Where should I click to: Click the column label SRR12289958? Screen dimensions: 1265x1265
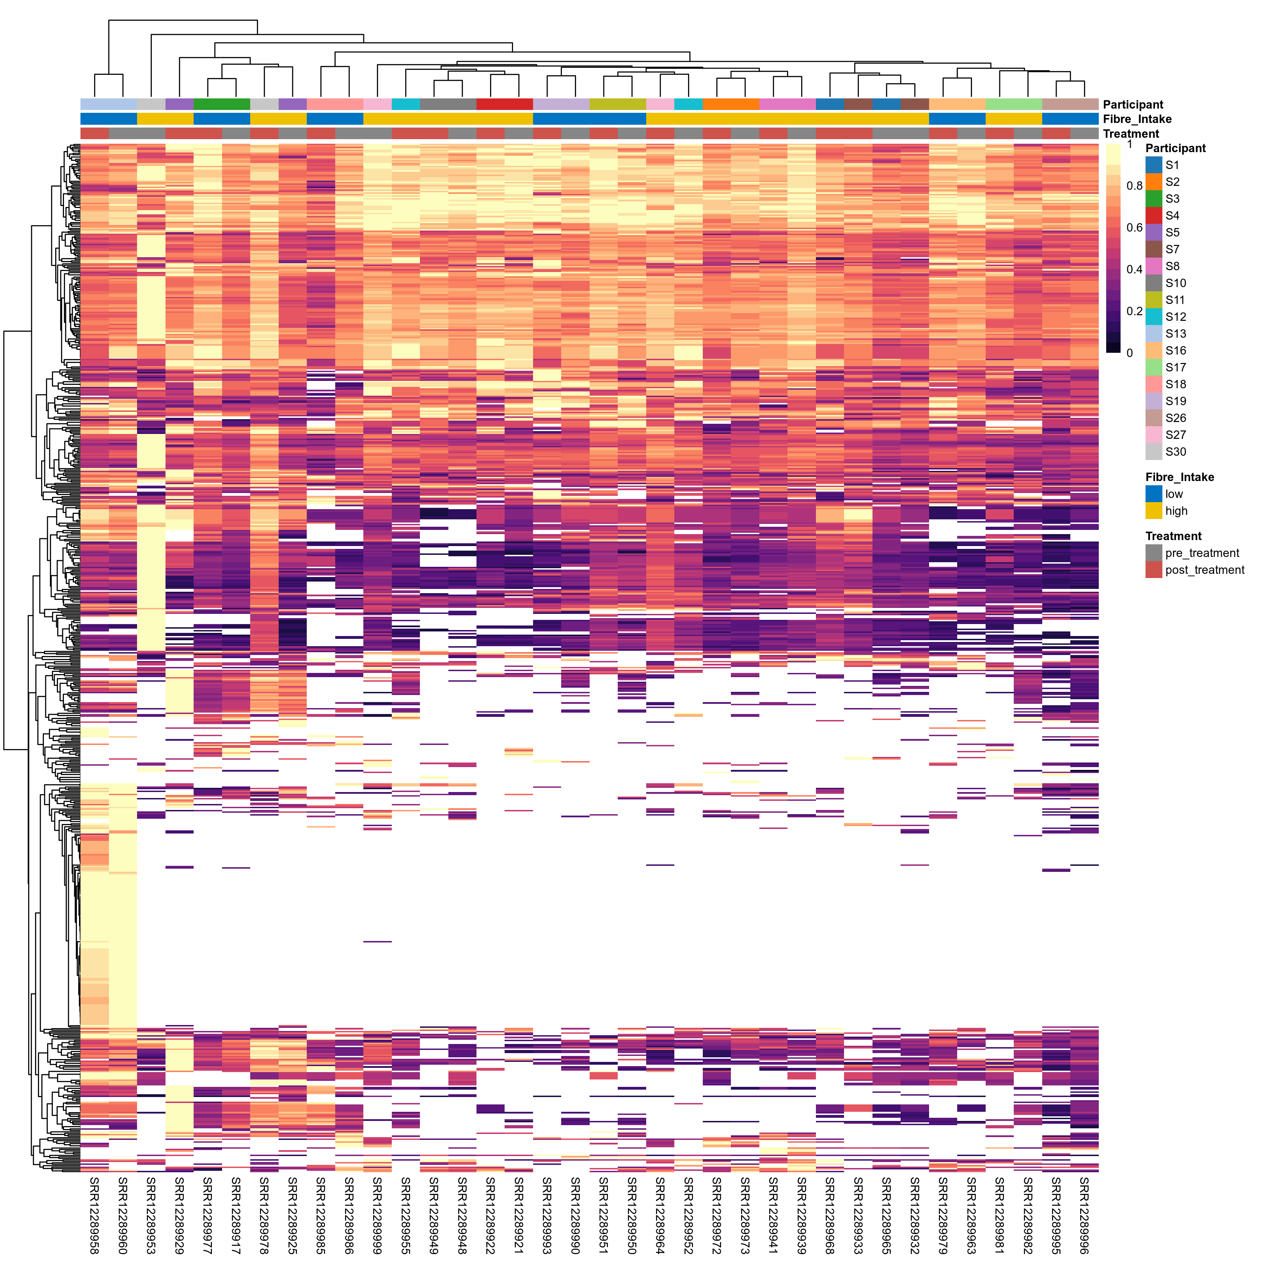(x=94, y=1215)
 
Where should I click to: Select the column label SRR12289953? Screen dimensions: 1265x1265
(x=151, y=1215)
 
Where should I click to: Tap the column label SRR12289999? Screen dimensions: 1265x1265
(x=377, y=1215)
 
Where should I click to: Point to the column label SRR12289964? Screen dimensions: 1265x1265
(x=660, y=1215)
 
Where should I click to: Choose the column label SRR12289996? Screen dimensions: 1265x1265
(x=1084, y=1215)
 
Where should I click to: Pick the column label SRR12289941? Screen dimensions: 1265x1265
(x=773, y=1215)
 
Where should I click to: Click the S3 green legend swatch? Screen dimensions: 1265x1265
(x=1154, y=199)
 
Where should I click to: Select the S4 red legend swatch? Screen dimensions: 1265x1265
(x=1154, y=215)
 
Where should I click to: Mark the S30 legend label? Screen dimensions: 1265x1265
(x=1175, y=452)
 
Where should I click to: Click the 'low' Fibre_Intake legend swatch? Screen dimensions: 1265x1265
(x=1154, y=494)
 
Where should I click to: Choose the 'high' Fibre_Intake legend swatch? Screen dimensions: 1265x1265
(x=1154, y=511)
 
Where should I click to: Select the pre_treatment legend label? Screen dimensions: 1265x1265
(x=1202, y=553)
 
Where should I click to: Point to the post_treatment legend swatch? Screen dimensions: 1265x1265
(x=1154, y=570)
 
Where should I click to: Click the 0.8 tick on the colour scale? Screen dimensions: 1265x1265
(x=1134, y=186)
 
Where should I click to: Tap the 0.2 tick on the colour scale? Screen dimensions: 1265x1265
(x=1134, y=311)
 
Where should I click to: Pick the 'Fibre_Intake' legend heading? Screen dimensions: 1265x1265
(x=1179, y=477)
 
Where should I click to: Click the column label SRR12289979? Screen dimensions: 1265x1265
(x=943, y=1215)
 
